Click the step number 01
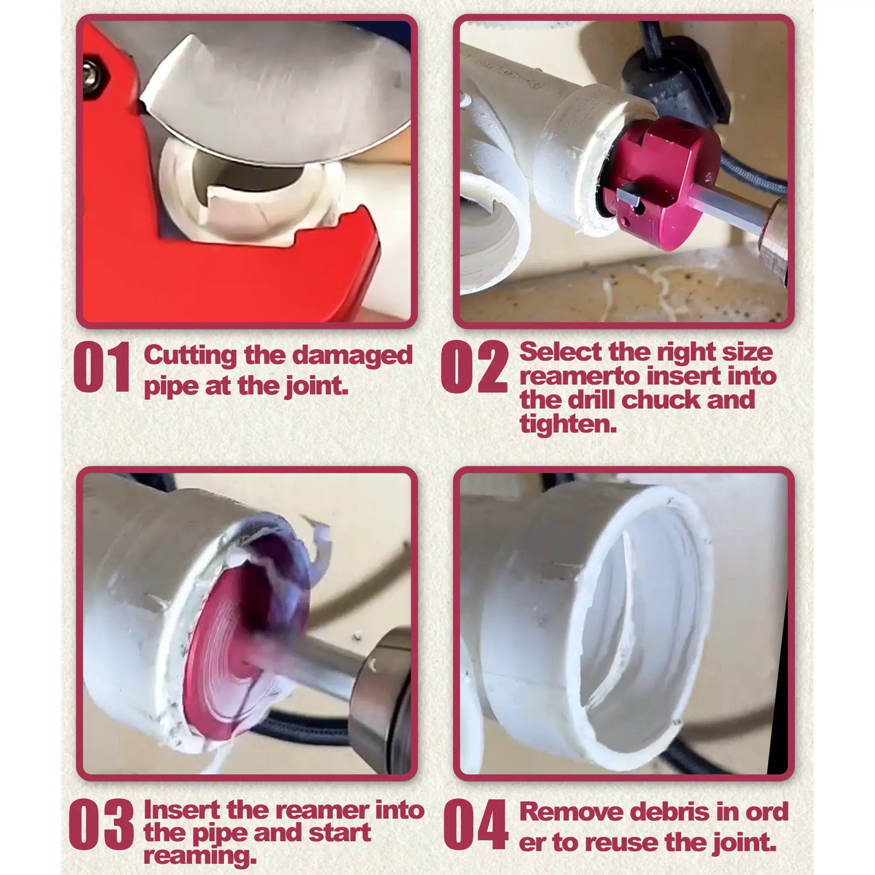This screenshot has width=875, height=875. point(102,367)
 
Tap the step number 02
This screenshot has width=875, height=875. point(474,367)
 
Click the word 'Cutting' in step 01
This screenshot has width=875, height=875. point(190,355)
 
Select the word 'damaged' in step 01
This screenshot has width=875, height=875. point(352,356)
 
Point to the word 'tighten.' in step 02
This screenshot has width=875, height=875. point(568,424)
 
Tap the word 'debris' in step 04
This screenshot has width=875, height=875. point(670,812)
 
